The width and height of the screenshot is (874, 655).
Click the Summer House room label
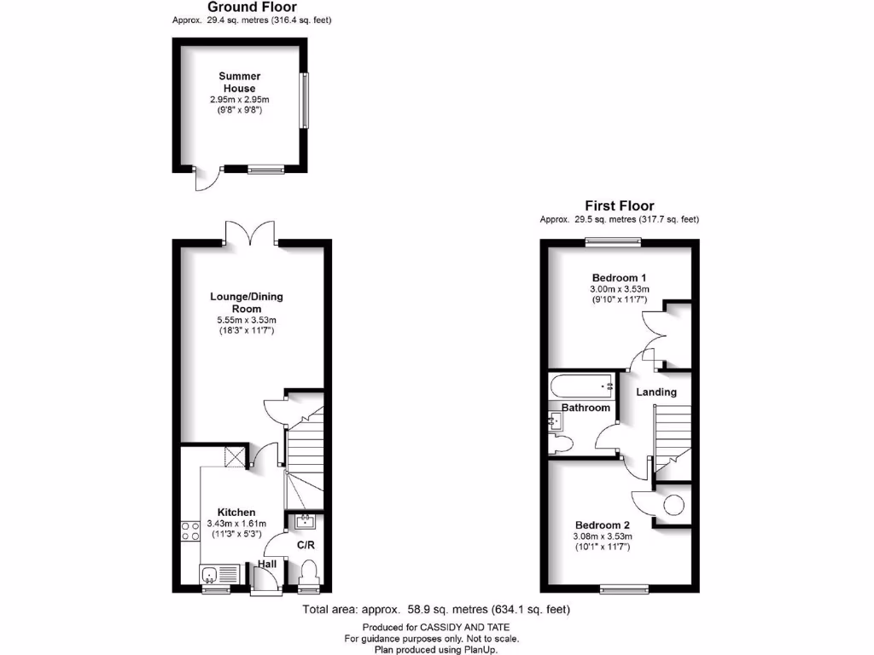tap(239, 82)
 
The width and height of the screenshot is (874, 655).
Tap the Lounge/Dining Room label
tap(247, 303)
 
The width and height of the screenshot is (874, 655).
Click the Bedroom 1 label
tap(619, 278)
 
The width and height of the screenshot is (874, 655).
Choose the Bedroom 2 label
tap(602, 525)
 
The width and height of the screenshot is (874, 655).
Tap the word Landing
tap(657, 392)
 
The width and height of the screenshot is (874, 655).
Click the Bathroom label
tap(586, 408)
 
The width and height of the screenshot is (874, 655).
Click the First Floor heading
tap(619, 206)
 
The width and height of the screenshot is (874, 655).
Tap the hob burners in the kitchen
tap(189, 531)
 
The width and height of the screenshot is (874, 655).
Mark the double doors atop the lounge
tap(250, 233)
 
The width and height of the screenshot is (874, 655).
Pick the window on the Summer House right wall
tap(303, 101)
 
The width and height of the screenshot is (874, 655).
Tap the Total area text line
tap(436, 610)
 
